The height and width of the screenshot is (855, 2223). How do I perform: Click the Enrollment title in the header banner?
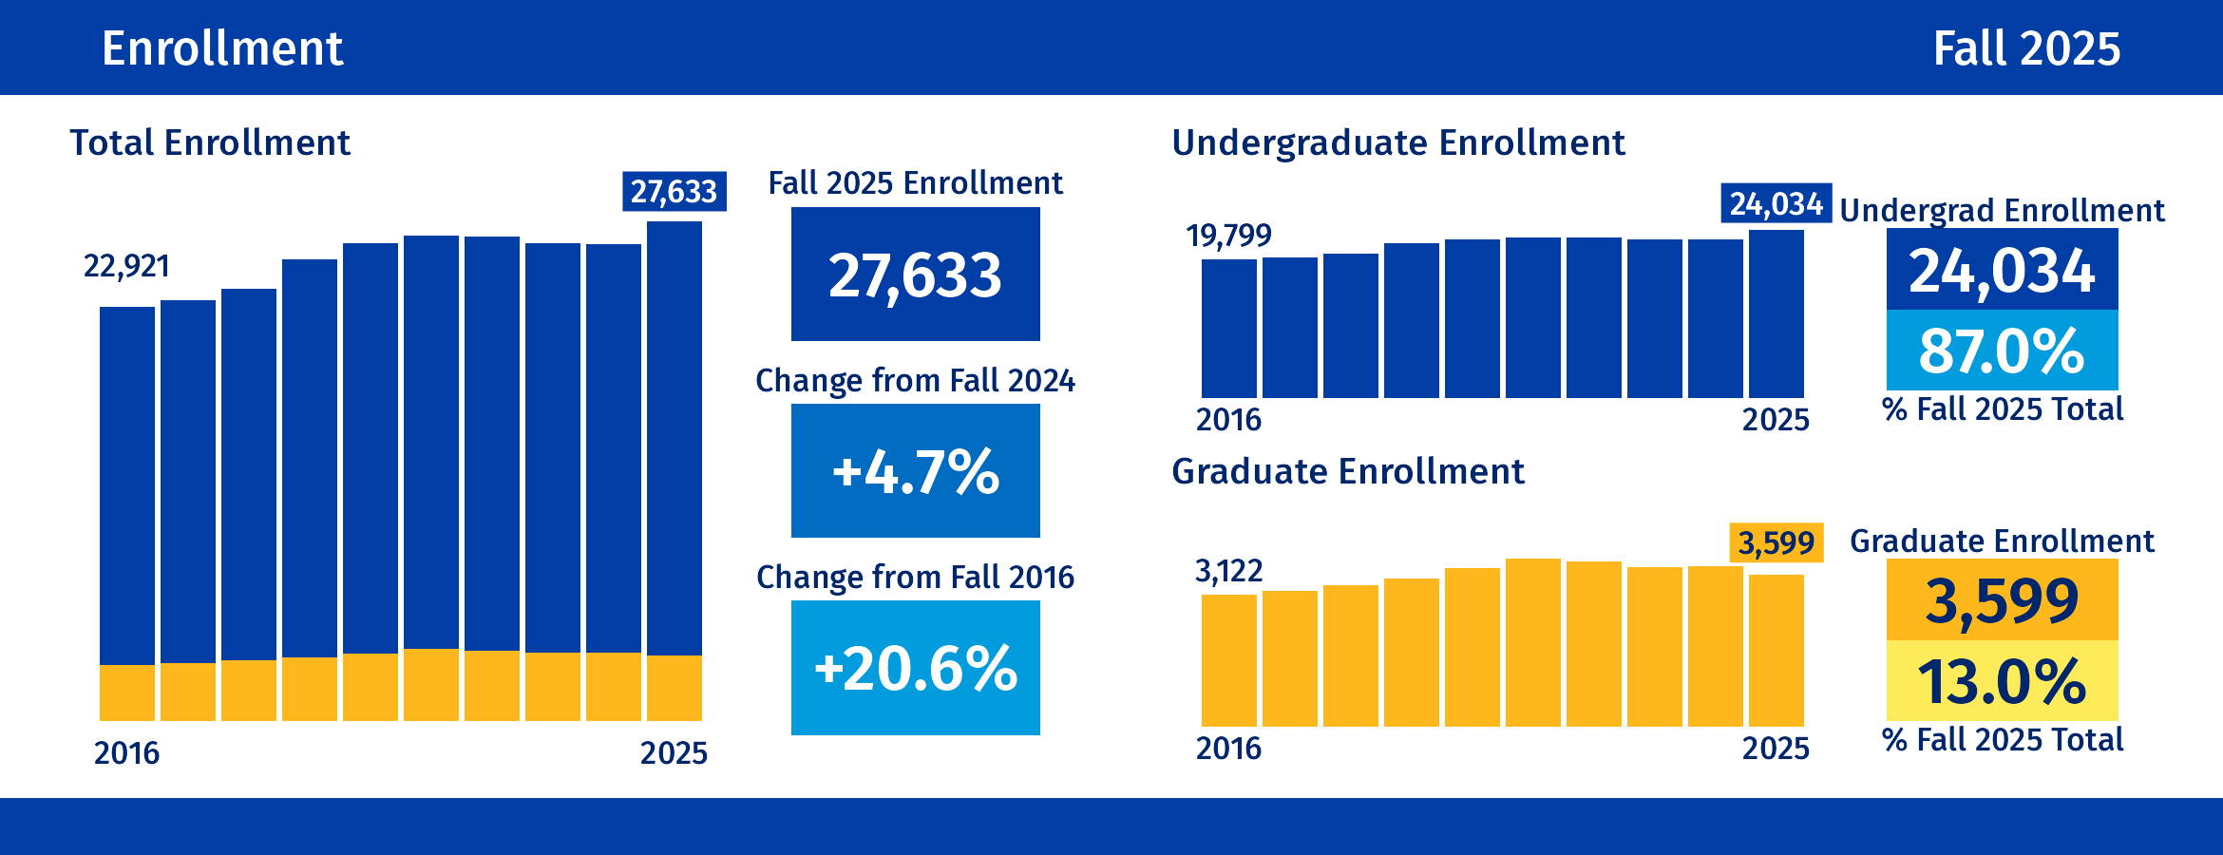tap(222, 48)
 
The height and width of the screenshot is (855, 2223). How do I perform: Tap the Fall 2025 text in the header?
tap(2025, 48)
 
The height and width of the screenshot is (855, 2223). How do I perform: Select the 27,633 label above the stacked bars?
tap(674, 191)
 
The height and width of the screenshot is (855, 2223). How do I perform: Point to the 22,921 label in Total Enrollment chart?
tap(126, 266)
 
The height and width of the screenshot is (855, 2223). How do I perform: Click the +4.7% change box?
tap(915, 471)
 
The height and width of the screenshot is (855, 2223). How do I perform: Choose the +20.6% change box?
tap(915, 668)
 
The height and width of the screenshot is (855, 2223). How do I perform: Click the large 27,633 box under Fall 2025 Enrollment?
tap(915, 275)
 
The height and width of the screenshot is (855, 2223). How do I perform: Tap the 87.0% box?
tap(2002, 351)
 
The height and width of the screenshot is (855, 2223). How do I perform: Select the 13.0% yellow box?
tap(2002, 681)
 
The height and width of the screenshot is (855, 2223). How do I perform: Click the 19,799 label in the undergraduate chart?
tap(1227, 235)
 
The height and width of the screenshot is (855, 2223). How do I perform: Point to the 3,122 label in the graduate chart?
tap(1228, 571)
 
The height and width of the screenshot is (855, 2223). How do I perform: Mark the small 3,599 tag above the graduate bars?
tap(1776, 543)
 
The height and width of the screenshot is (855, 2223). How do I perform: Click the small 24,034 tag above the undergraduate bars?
tap(1776, 203)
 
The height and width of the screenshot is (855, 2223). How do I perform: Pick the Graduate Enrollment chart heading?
tap(1347, 471)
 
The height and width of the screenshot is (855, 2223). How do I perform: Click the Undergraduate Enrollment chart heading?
tap(1397, 142)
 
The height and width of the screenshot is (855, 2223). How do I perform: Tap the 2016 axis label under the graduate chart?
tap(1228, 749)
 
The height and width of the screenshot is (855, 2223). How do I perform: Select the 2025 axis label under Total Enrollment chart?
tap(674, 753)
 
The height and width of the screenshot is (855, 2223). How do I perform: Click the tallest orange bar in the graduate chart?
tap(1532, 642)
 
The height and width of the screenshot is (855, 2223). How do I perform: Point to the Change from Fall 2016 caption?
tap(915, 577)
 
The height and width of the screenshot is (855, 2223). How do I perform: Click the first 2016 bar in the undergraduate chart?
tap(1228, 329)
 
